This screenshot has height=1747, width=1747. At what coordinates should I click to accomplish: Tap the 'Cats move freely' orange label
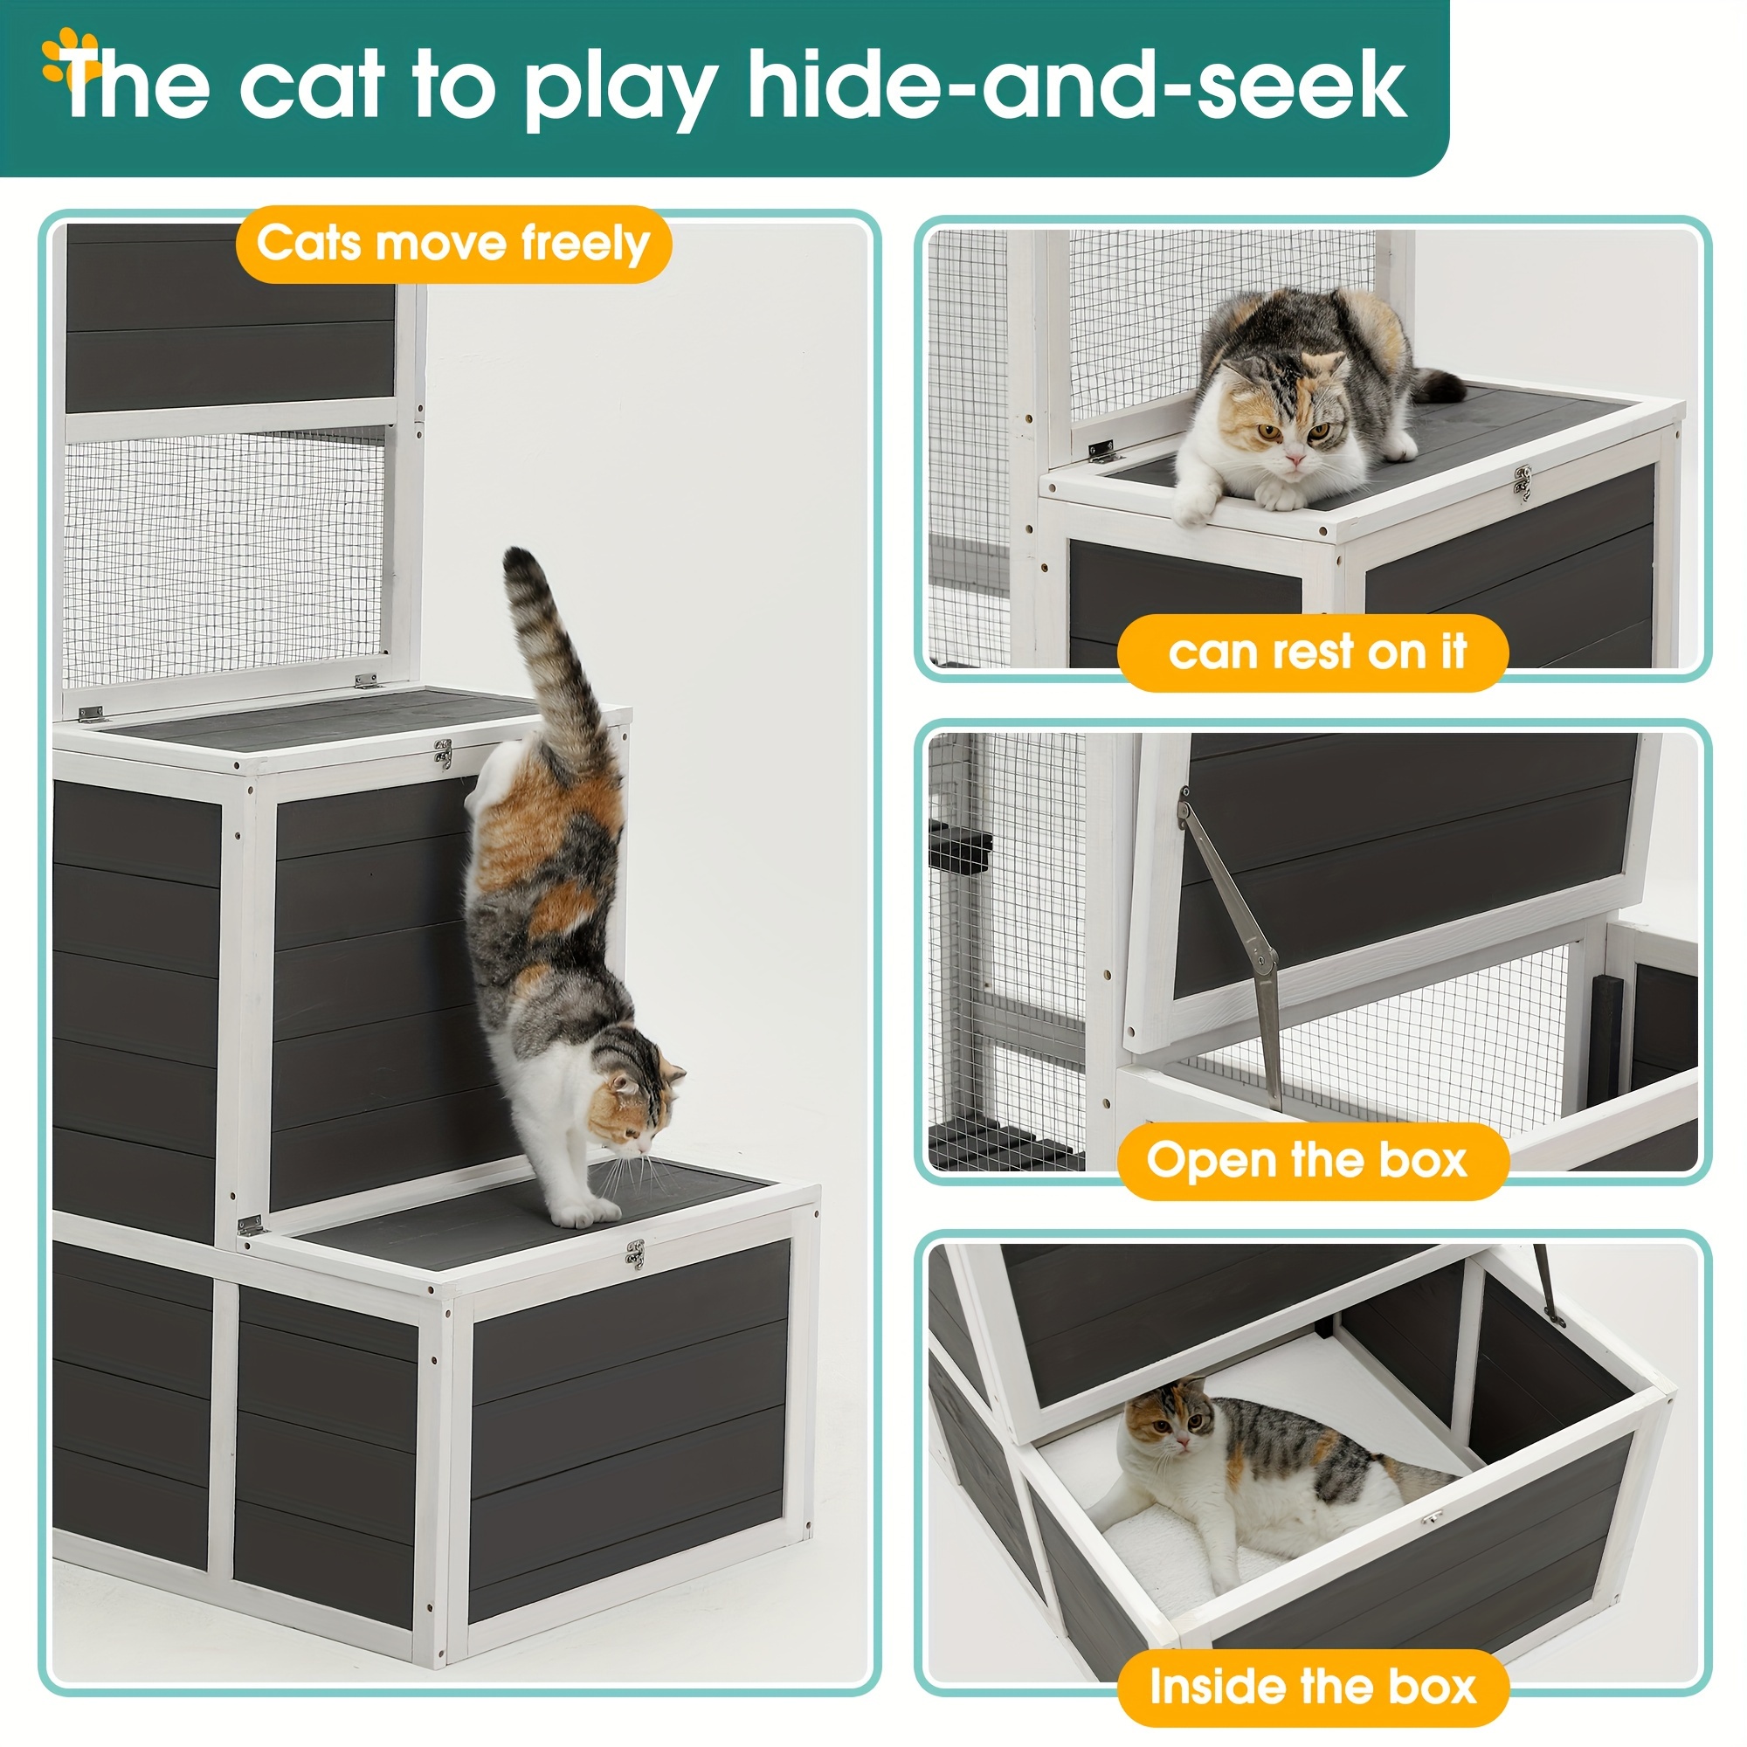[453, 245]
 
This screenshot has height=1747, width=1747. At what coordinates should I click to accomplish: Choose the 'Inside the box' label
[1312, 1688]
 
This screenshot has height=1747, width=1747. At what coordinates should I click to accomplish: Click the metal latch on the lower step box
[636, 1253]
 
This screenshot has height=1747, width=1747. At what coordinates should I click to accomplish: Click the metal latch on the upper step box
[443, 752]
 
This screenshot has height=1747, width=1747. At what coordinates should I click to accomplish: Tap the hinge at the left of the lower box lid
[249, 1227]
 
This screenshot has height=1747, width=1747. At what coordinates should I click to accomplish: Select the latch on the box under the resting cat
[1523, 482]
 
